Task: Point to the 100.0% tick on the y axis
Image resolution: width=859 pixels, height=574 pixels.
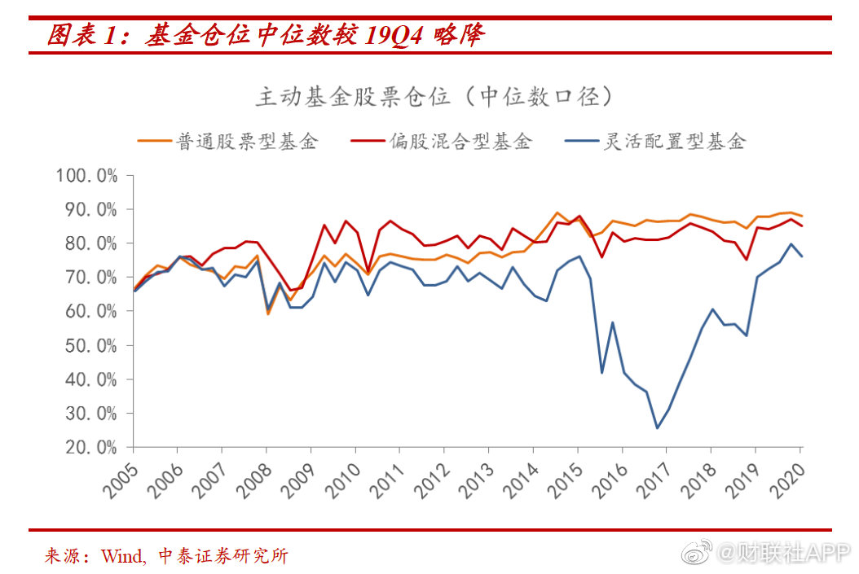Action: click(x=86, y=176)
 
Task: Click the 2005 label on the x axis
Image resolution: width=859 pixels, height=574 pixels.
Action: click(x=121, y=480)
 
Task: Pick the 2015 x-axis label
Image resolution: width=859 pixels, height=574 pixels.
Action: click(x=566, y=480)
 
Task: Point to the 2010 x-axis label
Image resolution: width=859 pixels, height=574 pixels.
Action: click(x=343, y=480)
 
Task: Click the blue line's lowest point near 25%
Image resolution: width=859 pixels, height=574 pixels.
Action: click(x=657, y=428)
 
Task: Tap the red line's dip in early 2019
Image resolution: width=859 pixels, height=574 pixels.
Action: click(x=746, y=260)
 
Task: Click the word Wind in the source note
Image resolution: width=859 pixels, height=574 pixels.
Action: click(x=123, y=557)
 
